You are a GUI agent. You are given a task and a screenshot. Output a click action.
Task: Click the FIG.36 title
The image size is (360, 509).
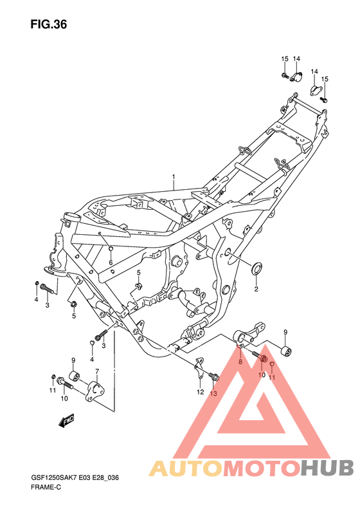click(49, 24)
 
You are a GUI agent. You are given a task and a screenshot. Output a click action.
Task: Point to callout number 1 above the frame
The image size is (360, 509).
click(174, 176)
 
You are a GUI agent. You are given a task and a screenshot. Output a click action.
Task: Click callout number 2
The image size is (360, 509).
click(256, 289)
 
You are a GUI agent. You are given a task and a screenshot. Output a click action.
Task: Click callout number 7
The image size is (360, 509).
click(97, 371)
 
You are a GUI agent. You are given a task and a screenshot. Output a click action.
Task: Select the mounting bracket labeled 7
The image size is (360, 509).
click(95, 391)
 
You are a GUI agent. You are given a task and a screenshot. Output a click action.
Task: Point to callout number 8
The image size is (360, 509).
click(240, 362)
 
